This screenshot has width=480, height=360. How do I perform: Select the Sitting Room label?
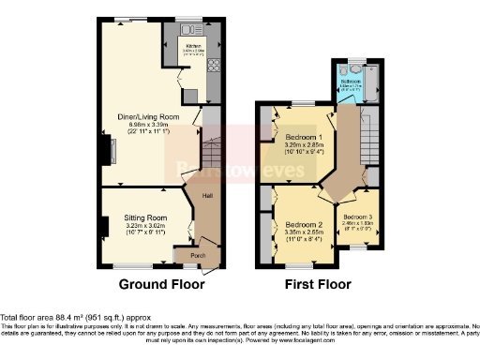point(144,217)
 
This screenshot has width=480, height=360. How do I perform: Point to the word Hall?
point(205,196)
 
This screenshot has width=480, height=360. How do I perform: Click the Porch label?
point(198,255)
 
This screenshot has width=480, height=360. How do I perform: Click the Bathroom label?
point(351,82)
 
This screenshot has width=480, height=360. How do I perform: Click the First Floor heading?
point(319,284)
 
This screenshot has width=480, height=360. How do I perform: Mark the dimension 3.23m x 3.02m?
point(144,225)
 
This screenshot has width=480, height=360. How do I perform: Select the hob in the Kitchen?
point(213,65)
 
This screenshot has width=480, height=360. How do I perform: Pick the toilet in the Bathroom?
point(353,66)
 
